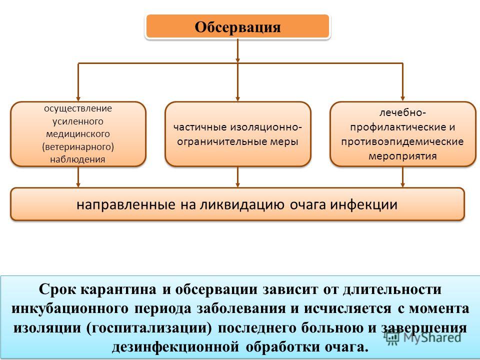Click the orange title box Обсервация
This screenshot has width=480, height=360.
pyautogui.click(x=237, y=26)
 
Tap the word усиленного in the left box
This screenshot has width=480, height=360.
pyautogui.click(x=78, y=121)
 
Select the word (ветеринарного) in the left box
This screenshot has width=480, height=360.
pyautogui.click(x=78, y=147)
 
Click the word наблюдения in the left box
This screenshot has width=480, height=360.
pyautogui.click(x=78, y=159)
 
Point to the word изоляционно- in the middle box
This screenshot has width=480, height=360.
pyautogui.click(x=266, y=127)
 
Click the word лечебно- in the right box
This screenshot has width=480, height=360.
pyautogui.click(x=402, y=112)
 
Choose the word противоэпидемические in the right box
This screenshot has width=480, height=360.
pyautogui.click(x=402, y=141)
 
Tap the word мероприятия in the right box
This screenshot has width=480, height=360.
pyautogui.click(x=402, y=156)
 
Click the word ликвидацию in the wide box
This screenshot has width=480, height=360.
pyautogui.click(x=242, y=204)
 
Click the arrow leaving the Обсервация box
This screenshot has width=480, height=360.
pyautogui.click(x=237, y=51)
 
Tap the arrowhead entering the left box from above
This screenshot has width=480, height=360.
pyautogui.click(x=78, y=98)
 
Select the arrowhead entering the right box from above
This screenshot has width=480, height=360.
pyautogui.click(x=402, y=98)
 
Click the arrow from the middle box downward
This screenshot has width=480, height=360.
pyautogui.click(x=237, y=177)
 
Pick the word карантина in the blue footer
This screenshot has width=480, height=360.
pyautogui.click(x=118, y=289)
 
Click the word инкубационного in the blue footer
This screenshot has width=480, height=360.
pyautogui.click(x=69, y=308)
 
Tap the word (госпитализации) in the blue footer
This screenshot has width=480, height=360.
pyautogui.click(x=149, y=328)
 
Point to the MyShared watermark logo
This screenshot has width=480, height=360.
pyautogui.click(x=423, y=337)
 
